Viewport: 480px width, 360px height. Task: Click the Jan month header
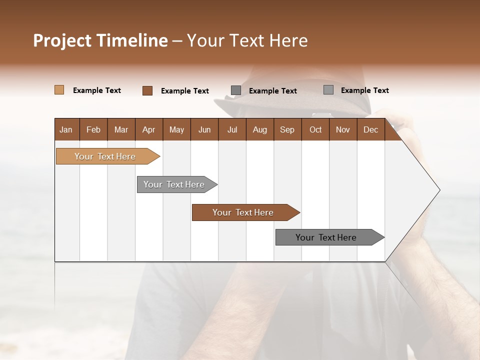pyautogui.click(x=66, y=129)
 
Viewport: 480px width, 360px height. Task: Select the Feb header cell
pyautogui.click(x=93, y=129)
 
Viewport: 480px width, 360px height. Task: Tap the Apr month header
pyautogui.click(x=148, y=129)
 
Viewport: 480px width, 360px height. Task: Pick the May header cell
pyautogui.click(x=176, y=129)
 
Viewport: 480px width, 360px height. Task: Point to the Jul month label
pyautogui.click(x=232, y=129)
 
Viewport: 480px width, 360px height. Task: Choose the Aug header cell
pyautogui.click(x=259, y=129)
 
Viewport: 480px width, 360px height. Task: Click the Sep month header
pyautogui.click(x=287, y=129)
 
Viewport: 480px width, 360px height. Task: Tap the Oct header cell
pyautogui.click(x=315, y=129)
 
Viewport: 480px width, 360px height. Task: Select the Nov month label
pyautogui.click(x=342, y=129)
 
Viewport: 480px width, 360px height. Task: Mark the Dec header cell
pyautogui.click(x=370, y=129)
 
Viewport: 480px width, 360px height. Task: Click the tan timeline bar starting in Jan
pyautogui.click(x=105, y=156)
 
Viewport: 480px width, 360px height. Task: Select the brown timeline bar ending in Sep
pyautogui.click(x=243, y=212)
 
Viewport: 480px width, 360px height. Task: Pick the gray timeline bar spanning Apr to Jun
pyautogui.click(x=174, y=184)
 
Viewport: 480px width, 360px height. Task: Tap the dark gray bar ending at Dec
pyautogui.click(x=326, y=237)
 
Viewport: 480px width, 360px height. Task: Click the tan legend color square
pyautogui.click(x=59, y=90)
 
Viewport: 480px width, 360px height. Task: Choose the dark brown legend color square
pyautogui.click(x=147, y=90)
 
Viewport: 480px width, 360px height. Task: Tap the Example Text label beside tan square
pyautogui.click(x=97, y=90)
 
